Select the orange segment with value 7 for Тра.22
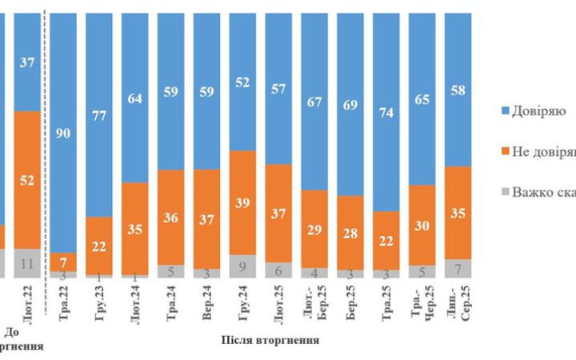click(x=62, y=262)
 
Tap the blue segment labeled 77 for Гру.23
click(x=98, y=116)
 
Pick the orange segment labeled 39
click(x=242, y=202)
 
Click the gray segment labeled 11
click(x=26, y=262)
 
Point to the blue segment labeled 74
click(x=386, y=112)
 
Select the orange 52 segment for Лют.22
click(x=26, y=179)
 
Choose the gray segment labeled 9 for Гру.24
click(x=242, y=266)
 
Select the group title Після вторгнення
click(x=270, y=340)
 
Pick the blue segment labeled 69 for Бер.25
click(x=350, y=104)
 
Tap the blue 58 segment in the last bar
click(x=458, y=88)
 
